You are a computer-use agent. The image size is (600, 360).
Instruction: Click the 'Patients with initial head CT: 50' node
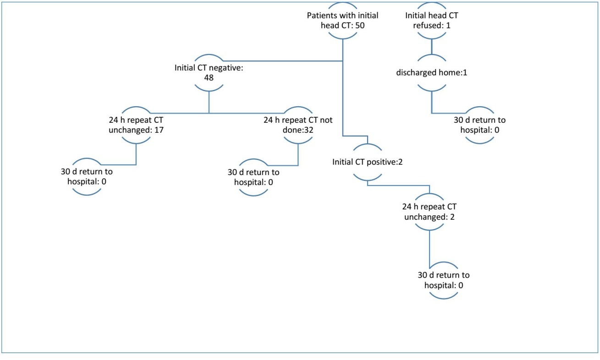pos(342,21)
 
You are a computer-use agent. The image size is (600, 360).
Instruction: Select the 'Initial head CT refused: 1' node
pos(431,21)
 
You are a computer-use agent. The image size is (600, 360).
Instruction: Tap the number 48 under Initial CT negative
pos(209,77)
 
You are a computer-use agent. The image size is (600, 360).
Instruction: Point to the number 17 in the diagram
pos(160,130)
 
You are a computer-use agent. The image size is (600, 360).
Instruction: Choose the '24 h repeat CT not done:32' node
pos(298,125)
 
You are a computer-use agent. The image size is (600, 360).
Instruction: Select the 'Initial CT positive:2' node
pos(368,162)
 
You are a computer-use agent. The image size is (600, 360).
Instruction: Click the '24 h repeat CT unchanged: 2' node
pos(429,212)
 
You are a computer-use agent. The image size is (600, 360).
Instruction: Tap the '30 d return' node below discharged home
pos(479,125)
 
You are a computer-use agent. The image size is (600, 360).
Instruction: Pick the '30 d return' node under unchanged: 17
pos(87,177)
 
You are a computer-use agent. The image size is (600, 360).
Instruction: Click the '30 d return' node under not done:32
pos(253,177)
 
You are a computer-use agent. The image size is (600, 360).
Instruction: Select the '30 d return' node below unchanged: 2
pos(444,280)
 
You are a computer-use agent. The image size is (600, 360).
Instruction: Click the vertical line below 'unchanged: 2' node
pos(429,247)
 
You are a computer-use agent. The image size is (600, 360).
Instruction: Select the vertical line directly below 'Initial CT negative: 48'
pos(209,102)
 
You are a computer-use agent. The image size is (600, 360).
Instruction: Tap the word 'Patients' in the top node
pos(320,16)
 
